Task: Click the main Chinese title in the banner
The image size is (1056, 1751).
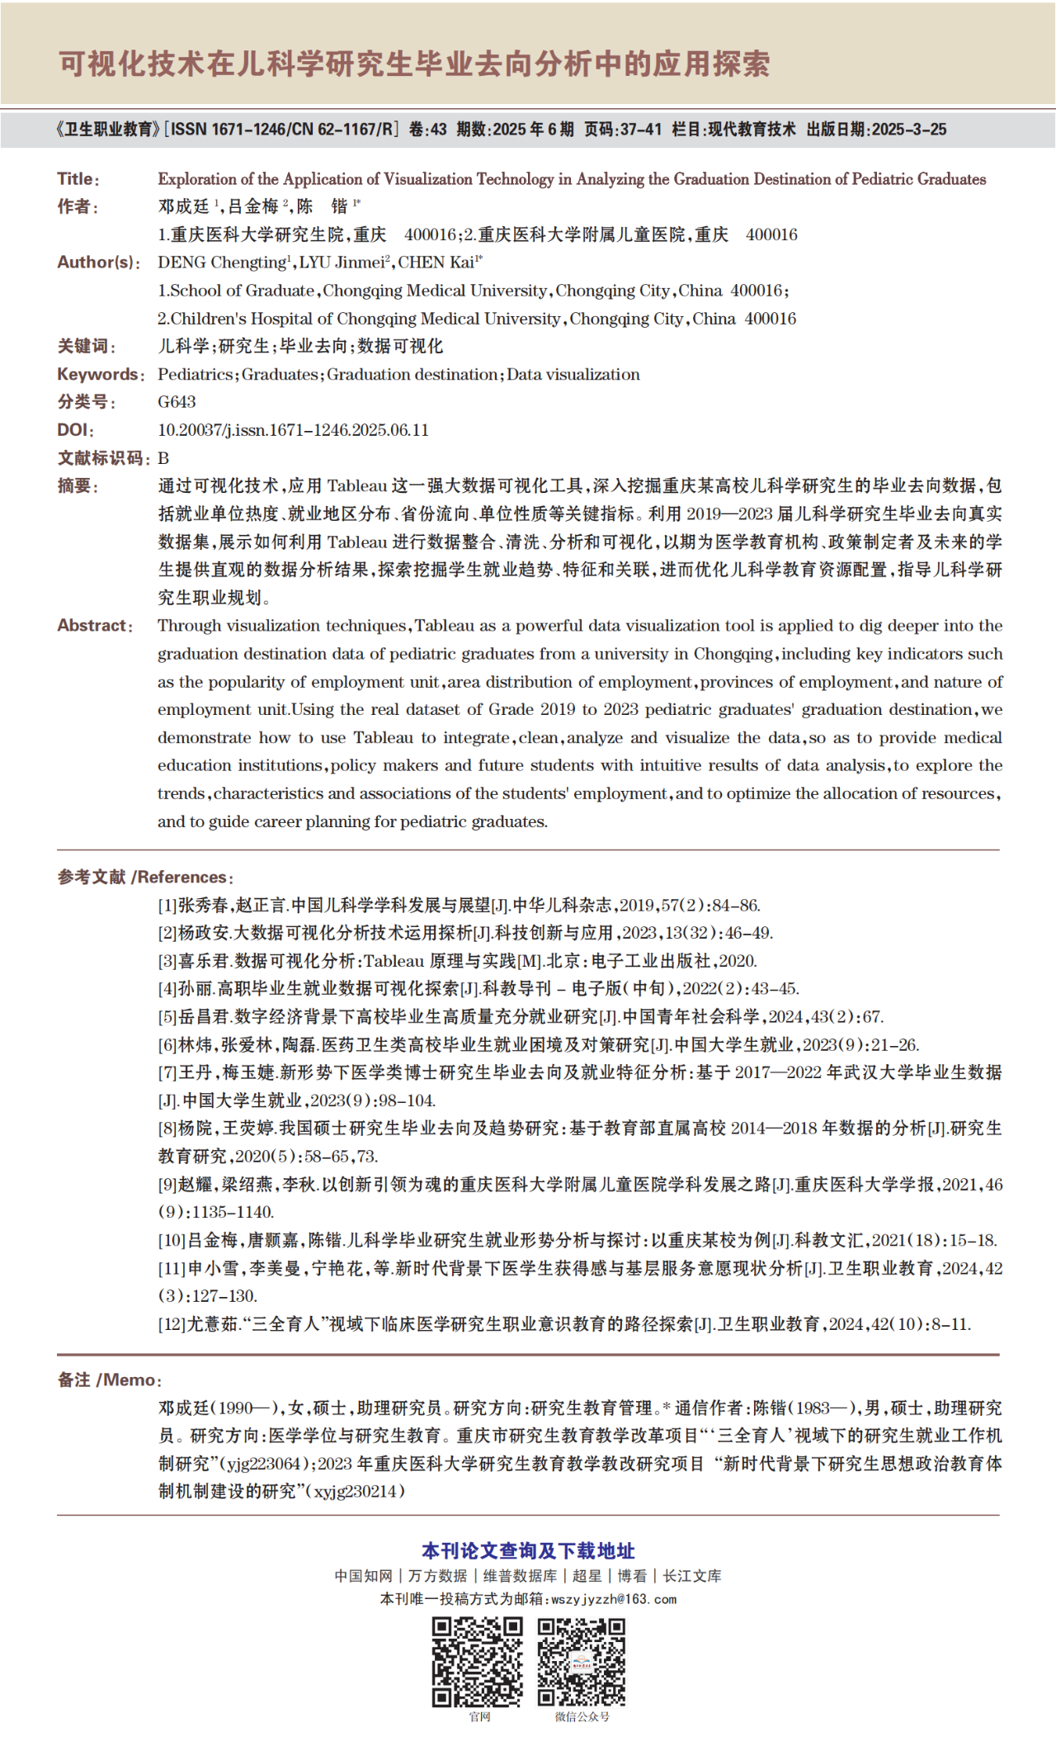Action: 414,64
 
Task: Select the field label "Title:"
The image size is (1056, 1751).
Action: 78,178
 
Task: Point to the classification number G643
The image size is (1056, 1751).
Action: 177,402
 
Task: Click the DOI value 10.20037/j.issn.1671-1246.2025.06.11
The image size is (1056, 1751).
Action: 293,430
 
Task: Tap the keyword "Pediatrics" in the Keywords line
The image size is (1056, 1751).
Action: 196,375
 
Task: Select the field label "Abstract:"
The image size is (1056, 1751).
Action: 95,626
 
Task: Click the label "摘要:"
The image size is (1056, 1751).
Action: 78,486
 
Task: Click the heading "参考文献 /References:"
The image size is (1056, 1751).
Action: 145,877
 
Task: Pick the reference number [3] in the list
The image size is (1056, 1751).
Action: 167,961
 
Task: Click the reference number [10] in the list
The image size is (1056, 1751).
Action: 172,1240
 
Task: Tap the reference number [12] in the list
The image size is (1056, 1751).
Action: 172,1324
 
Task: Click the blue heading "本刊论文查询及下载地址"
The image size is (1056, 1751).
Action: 528,1551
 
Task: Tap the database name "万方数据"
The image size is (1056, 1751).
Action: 437,1576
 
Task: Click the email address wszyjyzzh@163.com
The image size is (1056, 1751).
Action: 614,1599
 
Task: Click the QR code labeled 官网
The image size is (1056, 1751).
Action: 478,1663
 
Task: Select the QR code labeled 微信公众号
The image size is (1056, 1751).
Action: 582,1663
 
